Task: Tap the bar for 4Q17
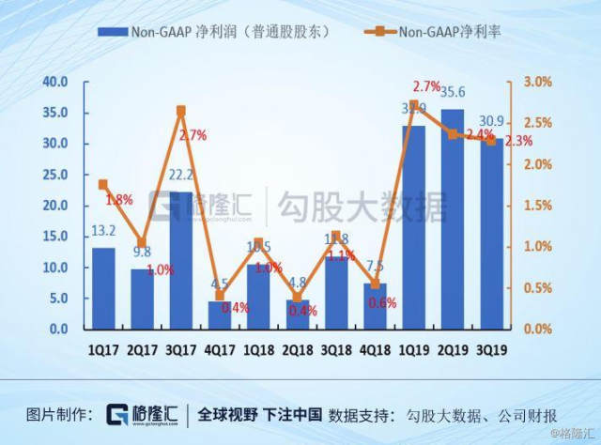(220, 315)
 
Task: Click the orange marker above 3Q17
(181, 111)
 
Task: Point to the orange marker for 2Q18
(297, 298)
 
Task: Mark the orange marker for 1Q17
(103, 184)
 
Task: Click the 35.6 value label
(454, 92)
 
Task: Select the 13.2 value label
(103, 232)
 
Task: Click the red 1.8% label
(118, 200)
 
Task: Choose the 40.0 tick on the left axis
(55, 82)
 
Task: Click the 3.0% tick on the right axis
(537, 82)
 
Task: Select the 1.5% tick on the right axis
(537, 205)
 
